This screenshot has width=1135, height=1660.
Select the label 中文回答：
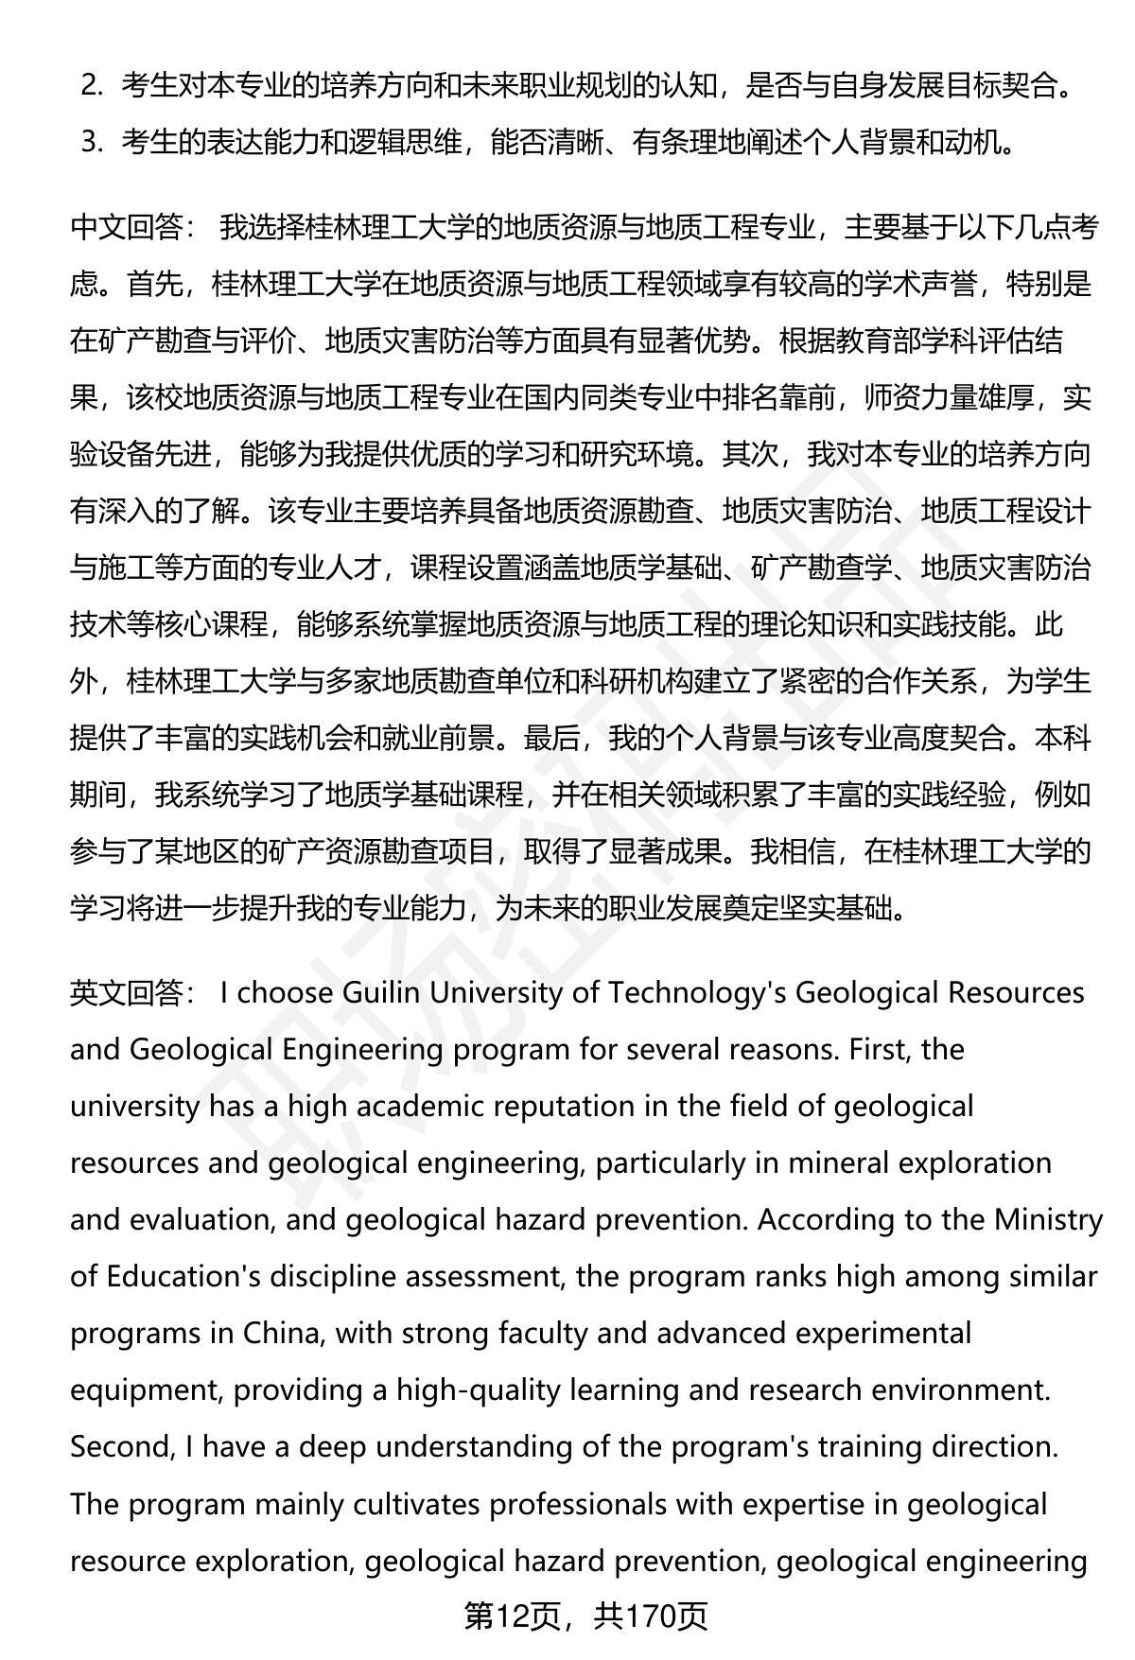click(133, 228)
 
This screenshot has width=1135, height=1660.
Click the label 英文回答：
click(133, 992)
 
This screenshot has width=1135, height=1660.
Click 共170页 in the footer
click(652, 1616)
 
